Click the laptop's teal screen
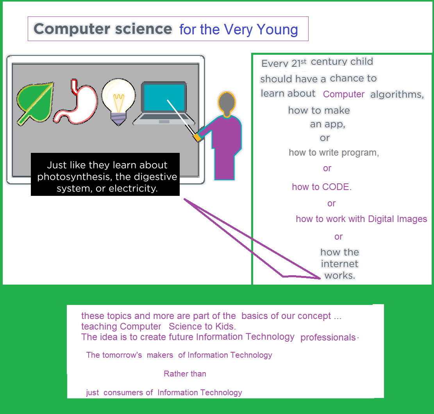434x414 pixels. click(x=164, y=98)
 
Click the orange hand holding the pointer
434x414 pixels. click(x=198, y=137)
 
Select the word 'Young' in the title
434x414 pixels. click(x=278, y=30)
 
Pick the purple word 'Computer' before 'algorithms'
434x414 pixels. click(x=344, y=94)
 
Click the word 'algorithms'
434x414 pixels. click(x=396, y=94)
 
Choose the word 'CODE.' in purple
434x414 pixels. click(x=337, y=187)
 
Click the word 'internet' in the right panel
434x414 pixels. click(x=339, y=264)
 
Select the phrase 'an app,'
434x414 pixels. click(x=327, y=124)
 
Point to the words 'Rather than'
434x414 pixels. click(x=185, y=374)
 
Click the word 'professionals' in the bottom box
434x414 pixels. click(x=328, y=338)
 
